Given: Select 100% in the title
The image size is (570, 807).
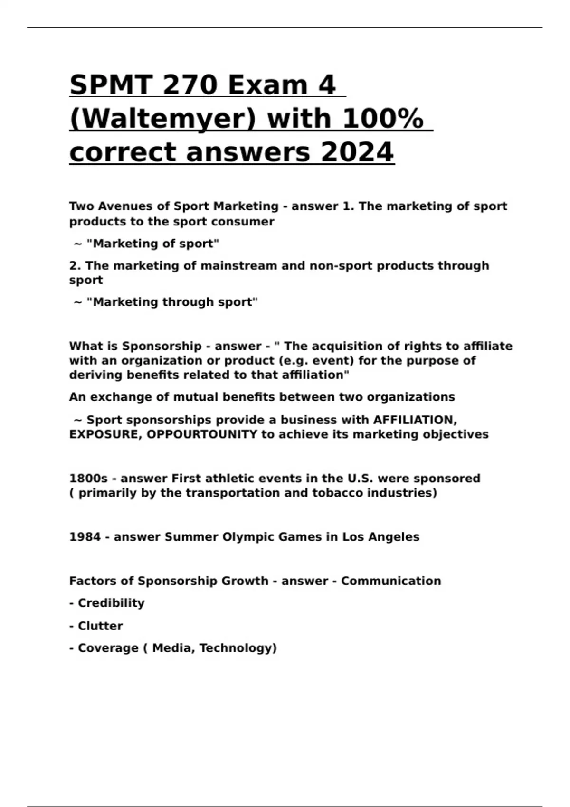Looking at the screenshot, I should point(382,119).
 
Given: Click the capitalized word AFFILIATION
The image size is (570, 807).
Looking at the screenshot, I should point(415,420).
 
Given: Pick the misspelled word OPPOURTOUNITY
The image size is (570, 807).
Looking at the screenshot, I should point(202,434).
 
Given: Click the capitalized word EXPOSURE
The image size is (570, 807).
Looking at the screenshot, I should point(104,434).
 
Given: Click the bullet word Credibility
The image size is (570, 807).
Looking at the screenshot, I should point(111,603).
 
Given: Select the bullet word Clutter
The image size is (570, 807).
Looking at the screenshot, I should point(100,626).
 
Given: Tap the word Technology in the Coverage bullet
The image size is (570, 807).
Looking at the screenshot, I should point(237,648).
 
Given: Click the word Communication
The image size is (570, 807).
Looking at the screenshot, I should point(391,581).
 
